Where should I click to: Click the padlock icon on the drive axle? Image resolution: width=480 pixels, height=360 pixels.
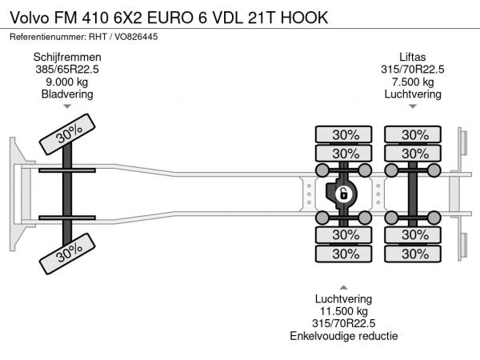click(342, 194)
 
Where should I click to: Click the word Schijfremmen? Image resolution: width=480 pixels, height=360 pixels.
click(67, 57)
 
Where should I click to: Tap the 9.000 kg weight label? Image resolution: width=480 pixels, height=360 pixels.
click(67, 82)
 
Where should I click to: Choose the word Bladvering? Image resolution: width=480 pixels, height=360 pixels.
click(67, 94)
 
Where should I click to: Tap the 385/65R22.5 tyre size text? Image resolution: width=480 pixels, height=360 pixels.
click(67, 69)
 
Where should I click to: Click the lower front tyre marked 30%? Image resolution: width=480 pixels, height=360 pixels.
click(68, 254)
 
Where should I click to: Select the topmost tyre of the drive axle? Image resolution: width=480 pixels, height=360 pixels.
click(345, 134)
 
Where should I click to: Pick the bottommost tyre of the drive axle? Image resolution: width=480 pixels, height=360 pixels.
click(345, 254)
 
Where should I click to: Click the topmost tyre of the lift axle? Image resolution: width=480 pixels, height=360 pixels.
click(414, 134)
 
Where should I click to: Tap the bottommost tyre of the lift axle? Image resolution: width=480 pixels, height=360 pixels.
click(414, 254)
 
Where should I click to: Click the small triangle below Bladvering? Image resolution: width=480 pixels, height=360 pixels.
click(67, 106)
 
